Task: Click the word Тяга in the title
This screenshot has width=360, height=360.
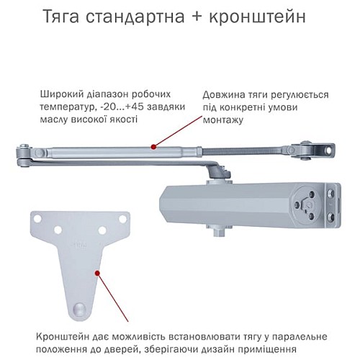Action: coord(84,15)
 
